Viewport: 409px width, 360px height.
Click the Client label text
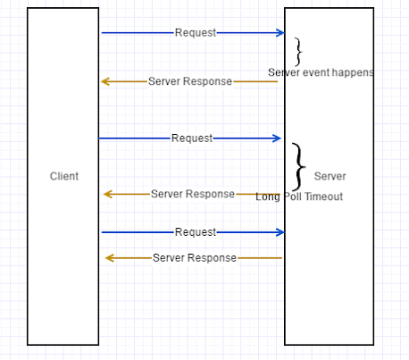pos(63,176)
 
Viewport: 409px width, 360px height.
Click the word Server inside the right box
pos(330,176)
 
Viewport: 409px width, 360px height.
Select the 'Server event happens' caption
pos(321,71)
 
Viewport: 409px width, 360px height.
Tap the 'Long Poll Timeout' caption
pos(299,197)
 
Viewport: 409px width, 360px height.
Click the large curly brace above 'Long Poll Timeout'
pos(299,166)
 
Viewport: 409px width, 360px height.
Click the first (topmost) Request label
pos(195,33)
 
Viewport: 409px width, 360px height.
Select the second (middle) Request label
pos(192,138)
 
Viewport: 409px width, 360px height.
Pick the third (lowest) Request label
pos(195,232)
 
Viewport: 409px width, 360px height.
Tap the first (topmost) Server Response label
pos(189,81)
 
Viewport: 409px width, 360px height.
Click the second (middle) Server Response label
pos(192,194)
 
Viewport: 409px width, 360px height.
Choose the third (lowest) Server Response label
pos(194,258)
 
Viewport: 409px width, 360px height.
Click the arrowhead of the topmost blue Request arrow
pos(280,33)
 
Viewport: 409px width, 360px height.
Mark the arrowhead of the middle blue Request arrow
pos(277,138)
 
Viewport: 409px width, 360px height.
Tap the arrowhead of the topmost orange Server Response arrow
pos(105,81)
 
